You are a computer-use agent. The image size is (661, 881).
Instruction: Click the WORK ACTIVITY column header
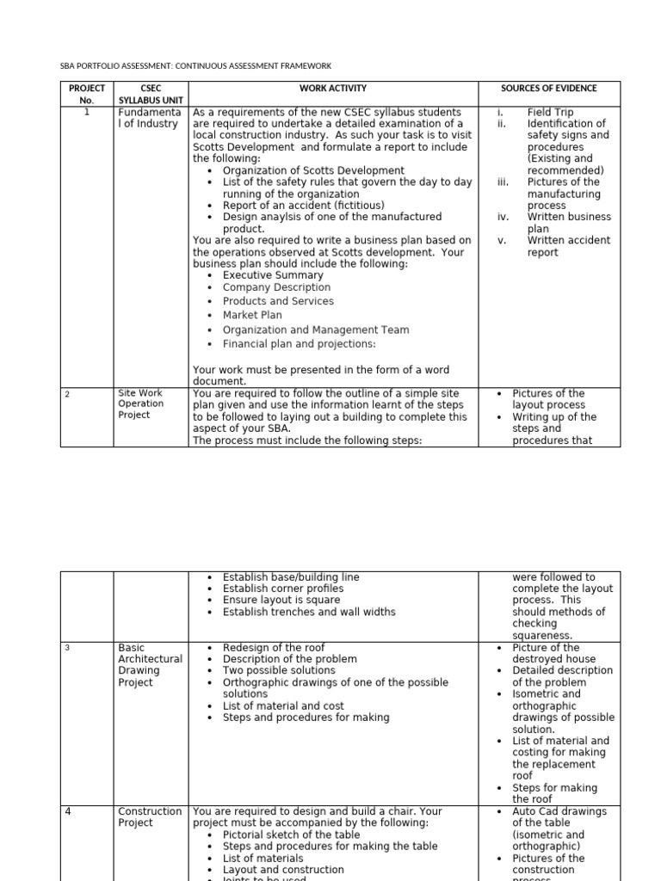[332, 89]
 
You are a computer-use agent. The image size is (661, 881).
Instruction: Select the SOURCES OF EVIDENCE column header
[548, 89]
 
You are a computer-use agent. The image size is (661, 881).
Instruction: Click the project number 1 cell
[87, 112]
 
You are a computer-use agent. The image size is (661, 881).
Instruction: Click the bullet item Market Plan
[252, 315]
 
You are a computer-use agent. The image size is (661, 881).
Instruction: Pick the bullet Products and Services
[278, 301]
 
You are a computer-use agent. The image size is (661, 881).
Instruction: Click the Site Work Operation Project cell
[140, 404]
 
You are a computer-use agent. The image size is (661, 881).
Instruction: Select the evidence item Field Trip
[550, 112]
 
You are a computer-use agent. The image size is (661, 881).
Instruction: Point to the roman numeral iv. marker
[503, 217]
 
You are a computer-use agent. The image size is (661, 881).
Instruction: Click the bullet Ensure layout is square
[281, 600]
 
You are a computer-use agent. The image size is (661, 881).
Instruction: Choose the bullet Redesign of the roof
[274, 647]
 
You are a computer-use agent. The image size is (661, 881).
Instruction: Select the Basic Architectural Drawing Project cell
[150, 664]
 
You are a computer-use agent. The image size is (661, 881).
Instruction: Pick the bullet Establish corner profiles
[282, 588]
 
